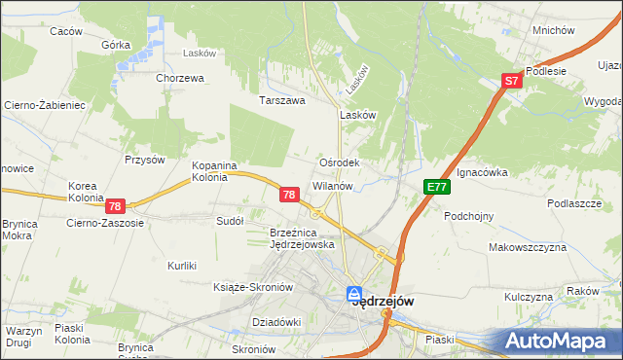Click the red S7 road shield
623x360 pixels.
(x=512, y=83)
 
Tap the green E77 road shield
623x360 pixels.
(x=435, y=187)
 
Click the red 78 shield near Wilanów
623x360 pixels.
(x=288, y=195)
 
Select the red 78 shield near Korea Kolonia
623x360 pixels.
(x=115, y=206)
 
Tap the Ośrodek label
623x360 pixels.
(x=341, y=162)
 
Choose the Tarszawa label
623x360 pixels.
(x=282, y=100)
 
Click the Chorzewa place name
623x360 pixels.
(x=178, y=78)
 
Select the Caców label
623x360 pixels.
(x=65, y=31)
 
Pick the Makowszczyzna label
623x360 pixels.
(x=528, y=247)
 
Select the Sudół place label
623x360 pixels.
(x=229, y=221)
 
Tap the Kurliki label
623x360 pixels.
(x=182, y=266)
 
